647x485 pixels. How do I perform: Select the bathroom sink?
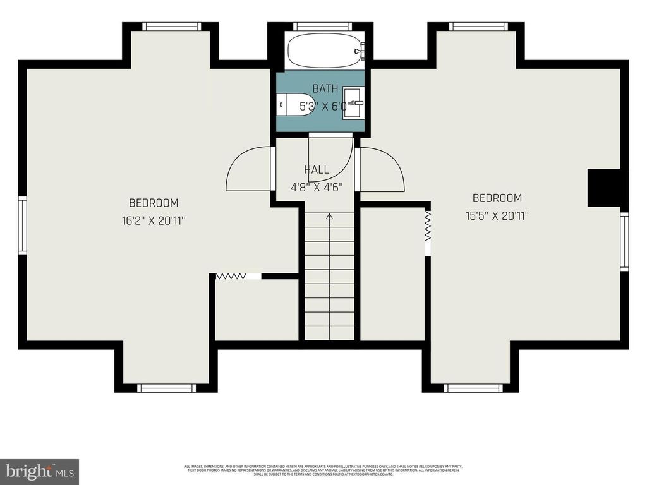point(354,103)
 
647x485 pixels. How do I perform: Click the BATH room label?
point(325,89)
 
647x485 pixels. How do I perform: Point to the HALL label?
point(316,169)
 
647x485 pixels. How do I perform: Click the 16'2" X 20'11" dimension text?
point(154,220)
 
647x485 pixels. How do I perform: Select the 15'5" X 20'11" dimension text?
point(497,215)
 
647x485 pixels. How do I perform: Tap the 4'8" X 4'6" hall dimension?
point(316,187)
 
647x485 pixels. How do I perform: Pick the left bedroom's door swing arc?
point(248,168)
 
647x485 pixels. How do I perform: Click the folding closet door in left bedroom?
point(232,276)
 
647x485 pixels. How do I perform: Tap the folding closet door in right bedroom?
point(427,226)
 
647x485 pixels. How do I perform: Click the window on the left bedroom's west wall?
point(22,225)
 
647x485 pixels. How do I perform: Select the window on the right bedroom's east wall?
point(624,241)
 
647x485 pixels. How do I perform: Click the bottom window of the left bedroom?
point(167,387)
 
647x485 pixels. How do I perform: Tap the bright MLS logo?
point(39,471)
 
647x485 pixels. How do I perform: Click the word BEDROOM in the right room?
point(497,198)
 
